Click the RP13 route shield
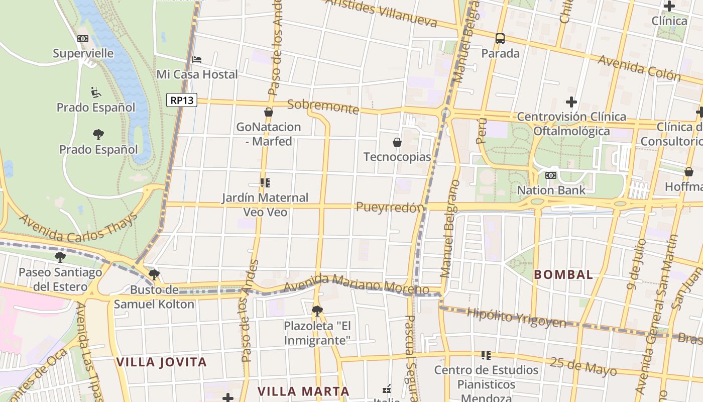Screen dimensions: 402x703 tap(182, 100)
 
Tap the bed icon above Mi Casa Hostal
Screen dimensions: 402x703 tap(197, 60)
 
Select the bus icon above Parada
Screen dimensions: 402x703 tap(500, 38)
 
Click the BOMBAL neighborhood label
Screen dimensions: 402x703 tap(563, 275)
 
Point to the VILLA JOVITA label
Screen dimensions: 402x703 tap(161, 362)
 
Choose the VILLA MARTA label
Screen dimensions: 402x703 tap(303, 391)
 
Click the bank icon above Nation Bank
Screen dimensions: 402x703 tap(551, 175)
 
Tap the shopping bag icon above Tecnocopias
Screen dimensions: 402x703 tap(397, 142)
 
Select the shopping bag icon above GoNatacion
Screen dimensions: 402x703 tap(269, 112)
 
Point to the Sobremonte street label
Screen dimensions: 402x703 tap(323, 107)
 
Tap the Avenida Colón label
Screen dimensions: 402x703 tap(639, 68)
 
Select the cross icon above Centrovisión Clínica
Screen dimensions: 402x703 tap(571, 102)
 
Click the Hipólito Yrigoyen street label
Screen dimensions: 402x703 tap(516, 318)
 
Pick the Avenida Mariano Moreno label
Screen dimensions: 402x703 tap(356, 284)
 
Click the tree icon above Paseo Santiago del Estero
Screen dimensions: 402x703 tap(60, 257)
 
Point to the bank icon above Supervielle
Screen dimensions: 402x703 tap(83, 39)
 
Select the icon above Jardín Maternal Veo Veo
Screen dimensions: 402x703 tap(265, 183)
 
